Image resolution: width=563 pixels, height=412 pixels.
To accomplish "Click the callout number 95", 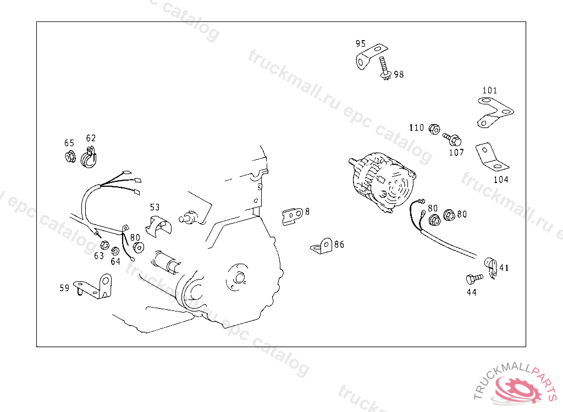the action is (x=361, y=44).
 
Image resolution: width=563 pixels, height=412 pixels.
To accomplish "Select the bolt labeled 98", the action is (x=384, y=68).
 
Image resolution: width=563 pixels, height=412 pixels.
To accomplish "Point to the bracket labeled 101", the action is (x=495, y=112).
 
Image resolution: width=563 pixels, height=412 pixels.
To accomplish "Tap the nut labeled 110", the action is (x=434, y=129).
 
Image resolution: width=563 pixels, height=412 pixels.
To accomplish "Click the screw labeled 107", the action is (x=452, y=138).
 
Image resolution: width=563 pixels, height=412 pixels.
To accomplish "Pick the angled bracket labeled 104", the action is (x=491, y=157).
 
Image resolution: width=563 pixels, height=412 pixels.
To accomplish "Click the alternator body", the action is (x=383, y=181).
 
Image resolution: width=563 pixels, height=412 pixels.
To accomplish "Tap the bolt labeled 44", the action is (x=474, y=279).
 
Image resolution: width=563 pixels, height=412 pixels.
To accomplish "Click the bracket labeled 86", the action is (x=322, y=247).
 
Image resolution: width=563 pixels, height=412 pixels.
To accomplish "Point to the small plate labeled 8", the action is (x=293, y=216).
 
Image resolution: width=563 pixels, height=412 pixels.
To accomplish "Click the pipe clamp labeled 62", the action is (x=89, y=158).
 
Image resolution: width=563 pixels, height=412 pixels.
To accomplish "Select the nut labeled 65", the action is (x=70, y=157).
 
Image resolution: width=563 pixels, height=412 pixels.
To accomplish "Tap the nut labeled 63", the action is (x=104, y=245).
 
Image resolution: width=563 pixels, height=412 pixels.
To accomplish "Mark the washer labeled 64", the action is (x=115, y=250).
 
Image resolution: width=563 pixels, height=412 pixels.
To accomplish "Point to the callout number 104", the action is (x=501, y=180).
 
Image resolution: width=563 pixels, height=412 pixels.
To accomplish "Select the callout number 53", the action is (x=154, y=208).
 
